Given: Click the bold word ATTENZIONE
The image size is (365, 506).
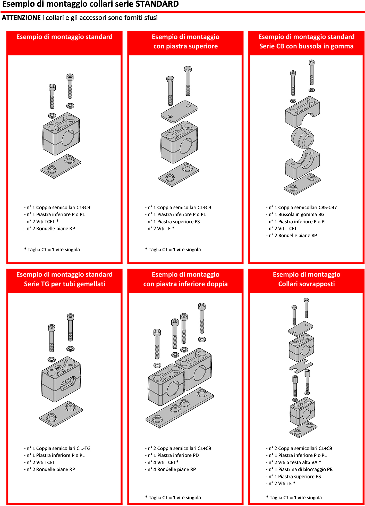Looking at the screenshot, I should (21, 18).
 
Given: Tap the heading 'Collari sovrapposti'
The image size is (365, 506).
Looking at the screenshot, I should (306, 284).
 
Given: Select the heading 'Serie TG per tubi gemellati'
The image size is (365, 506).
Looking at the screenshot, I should (64, 284).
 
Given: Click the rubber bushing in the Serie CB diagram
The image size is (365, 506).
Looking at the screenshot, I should (302, 138).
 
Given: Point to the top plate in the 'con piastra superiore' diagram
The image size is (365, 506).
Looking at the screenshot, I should (179, 111).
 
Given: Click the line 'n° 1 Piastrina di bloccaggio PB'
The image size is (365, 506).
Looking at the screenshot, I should (299, 469).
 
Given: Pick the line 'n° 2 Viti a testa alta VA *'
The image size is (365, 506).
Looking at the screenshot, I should (293, 462).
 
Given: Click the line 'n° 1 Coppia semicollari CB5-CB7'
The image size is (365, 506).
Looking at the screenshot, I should (301, 208).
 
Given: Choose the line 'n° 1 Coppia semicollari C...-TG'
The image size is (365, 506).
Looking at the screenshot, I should (57, 448).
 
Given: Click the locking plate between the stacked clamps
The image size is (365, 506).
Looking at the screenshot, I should (301, 366).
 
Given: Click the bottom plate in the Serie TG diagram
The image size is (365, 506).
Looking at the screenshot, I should (61, 414).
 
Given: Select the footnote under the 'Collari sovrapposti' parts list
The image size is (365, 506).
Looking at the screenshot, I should (294, 497).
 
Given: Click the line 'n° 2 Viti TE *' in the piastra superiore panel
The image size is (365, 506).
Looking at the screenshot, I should (160, 228).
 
